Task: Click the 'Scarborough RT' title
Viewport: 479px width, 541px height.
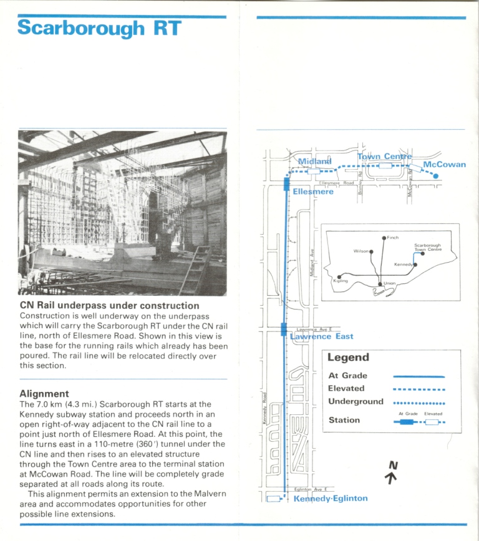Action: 100,28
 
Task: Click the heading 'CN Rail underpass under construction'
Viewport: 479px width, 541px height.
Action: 109,306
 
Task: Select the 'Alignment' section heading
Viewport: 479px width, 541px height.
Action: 44,394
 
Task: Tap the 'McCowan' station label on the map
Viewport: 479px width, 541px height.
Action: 444,165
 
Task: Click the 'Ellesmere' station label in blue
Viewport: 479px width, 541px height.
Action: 313,192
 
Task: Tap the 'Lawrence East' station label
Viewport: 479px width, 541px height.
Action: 322,336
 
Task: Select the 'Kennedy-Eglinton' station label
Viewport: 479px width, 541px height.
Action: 331,499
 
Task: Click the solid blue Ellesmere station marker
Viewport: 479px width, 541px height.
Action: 286,183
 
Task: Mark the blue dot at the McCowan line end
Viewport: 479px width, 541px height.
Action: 435,177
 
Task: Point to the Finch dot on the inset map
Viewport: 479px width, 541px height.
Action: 384,238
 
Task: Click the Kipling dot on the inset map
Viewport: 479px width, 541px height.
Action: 339,276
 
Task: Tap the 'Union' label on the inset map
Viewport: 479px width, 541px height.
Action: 390,284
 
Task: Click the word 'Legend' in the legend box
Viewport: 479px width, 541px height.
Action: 348,358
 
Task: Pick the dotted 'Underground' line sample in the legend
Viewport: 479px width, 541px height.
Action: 419,403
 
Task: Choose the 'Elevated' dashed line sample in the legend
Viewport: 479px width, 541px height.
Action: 419,389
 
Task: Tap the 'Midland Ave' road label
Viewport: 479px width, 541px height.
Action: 312,261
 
